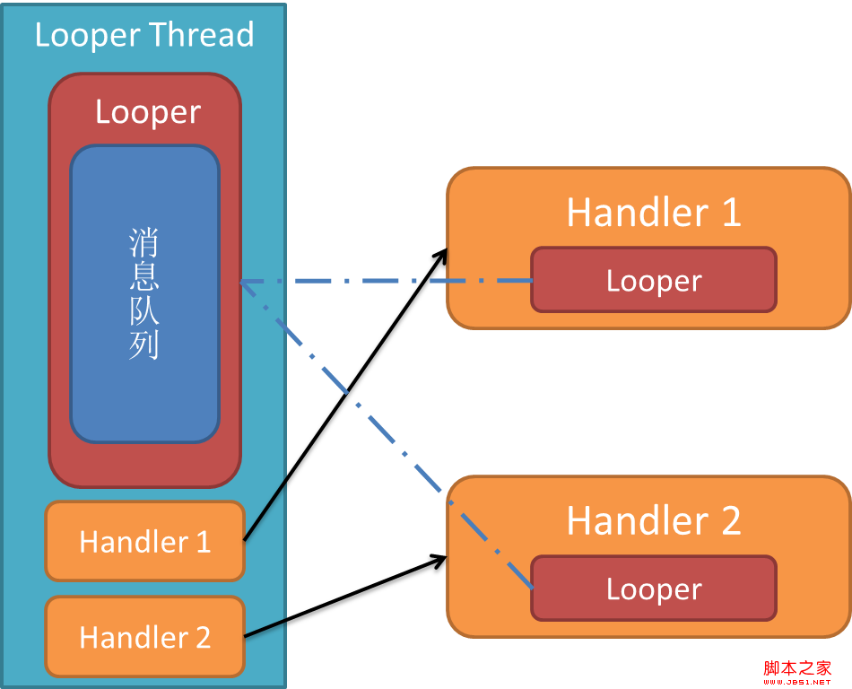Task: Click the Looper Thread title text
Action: pyautogui.click(x=144, y=35)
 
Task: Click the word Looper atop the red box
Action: pyautogui.click(x=148, y=112)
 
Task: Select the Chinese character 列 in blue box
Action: pyautogui.click(x=144, y=344)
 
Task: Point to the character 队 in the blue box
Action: pyautogui.click(x=144, y=311)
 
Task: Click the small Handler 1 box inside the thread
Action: pyautogui.click(x=144, y=541)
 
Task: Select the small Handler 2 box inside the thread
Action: pyautogui.click(x=144, y=636)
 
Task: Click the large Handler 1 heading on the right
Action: pyautogui.click(x=654, y=213)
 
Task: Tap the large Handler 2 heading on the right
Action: pyautogui.click(x=654, y=520)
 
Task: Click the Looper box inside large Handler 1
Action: pyautogui.click(x=654, y=280)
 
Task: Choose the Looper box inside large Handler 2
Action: pyautogui.click(x=654, y=589)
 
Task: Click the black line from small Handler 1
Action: pyautogui.click(x=265, y=510)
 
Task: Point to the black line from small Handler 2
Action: pyautogui.click(x=265, y=628)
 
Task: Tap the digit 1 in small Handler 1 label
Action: pyautogui.click(x=203, y=541)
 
